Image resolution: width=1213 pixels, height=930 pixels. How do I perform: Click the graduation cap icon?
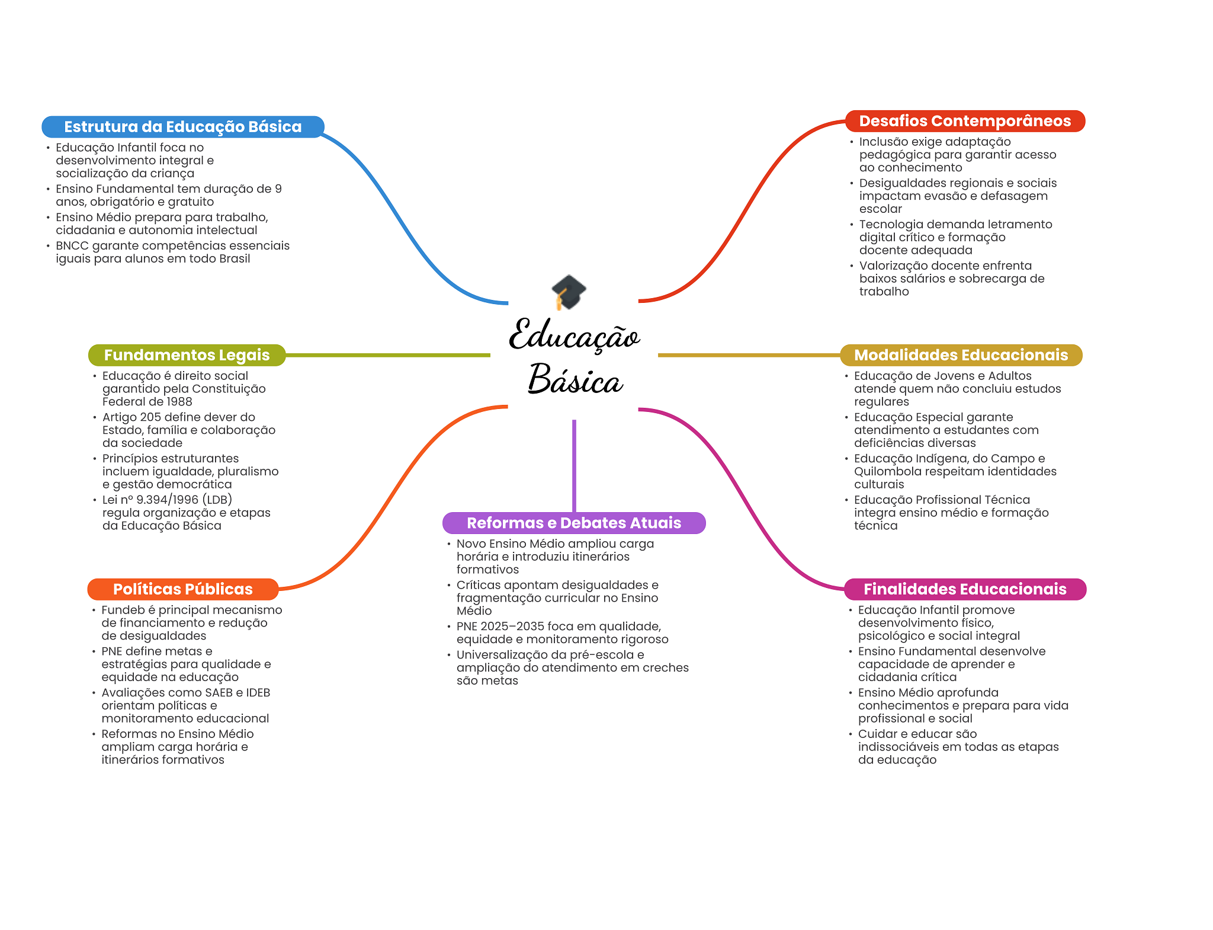click(x=569, y=292)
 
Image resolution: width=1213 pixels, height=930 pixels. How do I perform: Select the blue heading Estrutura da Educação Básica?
click(x=182, y=127)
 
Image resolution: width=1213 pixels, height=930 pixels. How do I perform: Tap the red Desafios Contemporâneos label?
click(x=965, y=121)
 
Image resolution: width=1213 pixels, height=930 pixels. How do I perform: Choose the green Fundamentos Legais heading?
click(x=187, y=355)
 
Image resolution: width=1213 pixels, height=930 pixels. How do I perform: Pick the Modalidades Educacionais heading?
click(x=961, y=355)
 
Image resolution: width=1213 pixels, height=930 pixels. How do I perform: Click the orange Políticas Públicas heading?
click(x=182, y=589)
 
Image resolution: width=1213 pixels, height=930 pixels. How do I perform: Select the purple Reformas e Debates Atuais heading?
click(x=574, y=523)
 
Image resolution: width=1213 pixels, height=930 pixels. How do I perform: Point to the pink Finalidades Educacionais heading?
click(x=965, y=589)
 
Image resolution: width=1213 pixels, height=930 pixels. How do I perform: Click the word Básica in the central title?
click(x=575, y=380)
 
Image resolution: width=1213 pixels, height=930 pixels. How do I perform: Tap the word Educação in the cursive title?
click(x=575, y=335)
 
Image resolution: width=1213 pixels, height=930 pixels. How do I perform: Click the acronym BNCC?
click(x=72, y=246)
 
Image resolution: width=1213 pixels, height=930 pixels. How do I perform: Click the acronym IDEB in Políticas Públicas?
click(x=258, y=693)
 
